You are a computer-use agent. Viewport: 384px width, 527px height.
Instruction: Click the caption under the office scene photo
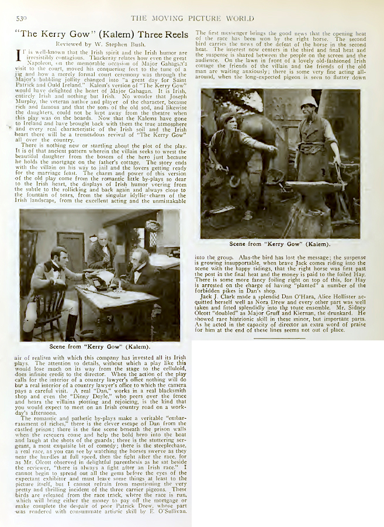tap(99, 346)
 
